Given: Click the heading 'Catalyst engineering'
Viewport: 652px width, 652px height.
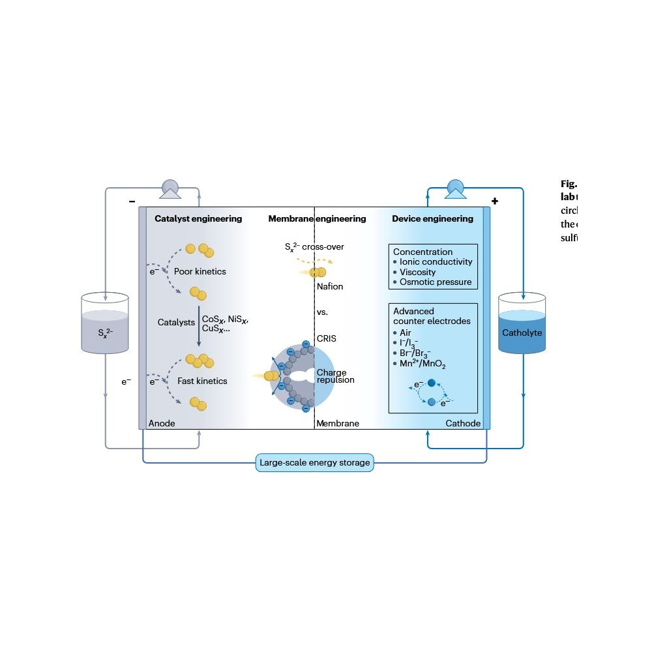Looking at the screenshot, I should tap(198, 219).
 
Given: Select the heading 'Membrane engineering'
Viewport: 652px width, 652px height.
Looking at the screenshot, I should tap(317, 219).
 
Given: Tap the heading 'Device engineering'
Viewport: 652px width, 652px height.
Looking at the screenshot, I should tap(432, 219).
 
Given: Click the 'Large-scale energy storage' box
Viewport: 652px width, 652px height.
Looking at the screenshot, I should tap(315, 463).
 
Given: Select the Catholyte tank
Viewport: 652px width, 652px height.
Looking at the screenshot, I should tap(522, 333).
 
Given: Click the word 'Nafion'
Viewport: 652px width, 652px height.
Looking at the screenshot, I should tap(329, 287).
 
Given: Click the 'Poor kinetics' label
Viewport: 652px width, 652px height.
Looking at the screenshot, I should tap(200, 271).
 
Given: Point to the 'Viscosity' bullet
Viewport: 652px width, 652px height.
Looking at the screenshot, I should tap(417, 273).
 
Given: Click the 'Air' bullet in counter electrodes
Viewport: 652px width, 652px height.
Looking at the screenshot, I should tap(405, 333).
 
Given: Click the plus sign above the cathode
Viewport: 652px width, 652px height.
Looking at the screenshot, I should tap(495, 201).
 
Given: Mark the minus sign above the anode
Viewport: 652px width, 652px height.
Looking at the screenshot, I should tap(132, 201).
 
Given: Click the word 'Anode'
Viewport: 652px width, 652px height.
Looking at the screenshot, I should tap(162, 424).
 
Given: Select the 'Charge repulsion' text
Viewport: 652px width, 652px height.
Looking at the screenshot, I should tap(335, 376).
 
